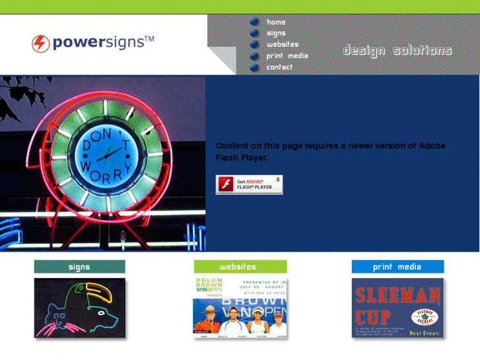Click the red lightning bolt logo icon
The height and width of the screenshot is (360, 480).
41,44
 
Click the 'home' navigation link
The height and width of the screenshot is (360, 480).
276,22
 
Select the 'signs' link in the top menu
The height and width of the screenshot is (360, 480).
276,33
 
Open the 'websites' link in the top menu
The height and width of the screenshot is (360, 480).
283,44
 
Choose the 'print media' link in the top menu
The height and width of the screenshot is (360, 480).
287,55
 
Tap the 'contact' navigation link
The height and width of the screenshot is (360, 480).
279,67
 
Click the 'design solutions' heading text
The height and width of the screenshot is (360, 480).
397,51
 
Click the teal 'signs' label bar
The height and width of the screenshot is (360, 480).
79,267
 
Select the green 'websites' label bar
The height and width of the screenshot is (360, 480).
240,267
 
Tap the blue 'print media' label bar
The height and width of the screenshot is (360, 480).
397,267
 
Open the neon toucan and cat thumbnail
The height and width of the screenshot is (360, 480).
79,308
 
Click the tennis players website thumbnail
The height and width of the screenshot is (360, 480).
240,308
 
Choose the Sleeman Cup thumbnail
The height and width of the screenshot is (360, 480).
397,308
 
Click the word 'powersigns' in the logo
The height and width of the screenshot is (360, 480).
97,44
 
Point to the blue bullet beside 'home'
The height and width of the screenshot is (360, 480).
254,22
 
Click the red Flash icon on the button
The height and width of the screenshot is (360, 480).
225,184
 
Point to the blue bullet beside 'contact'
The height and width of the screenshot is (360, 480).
254,67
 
